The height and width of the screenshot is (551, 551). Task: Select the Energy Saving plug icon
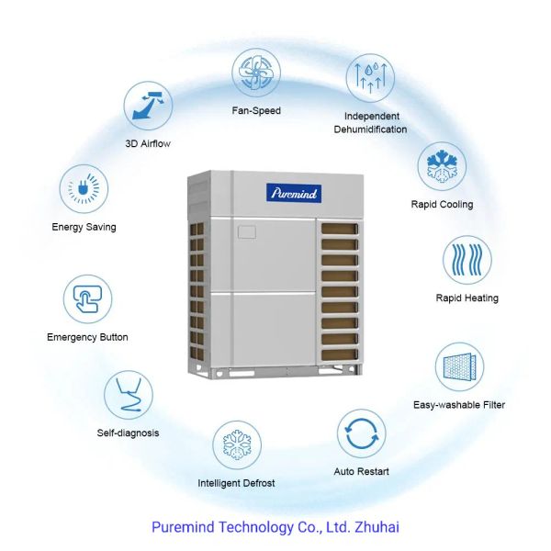pyautogui.click(x=84, y=190)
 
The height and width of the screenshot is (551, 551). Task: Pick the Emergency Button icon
pyautogui.click(x=87, y=299)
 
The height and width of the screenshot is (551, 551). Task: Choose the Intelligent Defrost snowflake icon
pyautogui.click(x=236, y=444)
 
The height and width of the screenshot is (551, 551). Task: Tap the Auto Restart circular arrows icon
pyautogui.click(x=361, y=433)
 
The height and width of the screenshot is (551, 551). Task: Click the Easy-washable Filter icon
pyautogui.click(x=459, y=366)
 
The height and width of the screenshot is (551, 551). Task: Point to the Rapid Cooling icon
pyautogui.click(x=442, y=166)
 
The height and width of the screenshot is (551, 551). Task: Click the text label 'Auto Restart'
pyautogui.click(x=361, y=472)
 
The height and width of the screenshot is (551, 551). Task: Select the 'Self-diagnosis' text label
pyautogui.click(x=129, y=433)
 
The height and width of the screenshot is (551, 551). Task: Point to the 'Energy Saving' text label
pyautogui.click(x=84, y=226)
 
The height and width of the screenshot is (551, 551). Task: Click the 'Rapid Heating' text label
pyautogui.click(x=467, y=298)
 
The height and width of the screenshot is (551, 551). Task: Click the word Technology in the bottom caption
pyautogui.click(x=244, y=528)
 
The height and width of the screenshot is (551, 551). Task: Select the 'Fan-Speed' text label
pyautogui.click(x=256, y=110)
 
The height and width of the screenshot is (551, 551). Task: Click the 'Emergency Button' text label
pyautogui.click(x=88, y=337)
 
